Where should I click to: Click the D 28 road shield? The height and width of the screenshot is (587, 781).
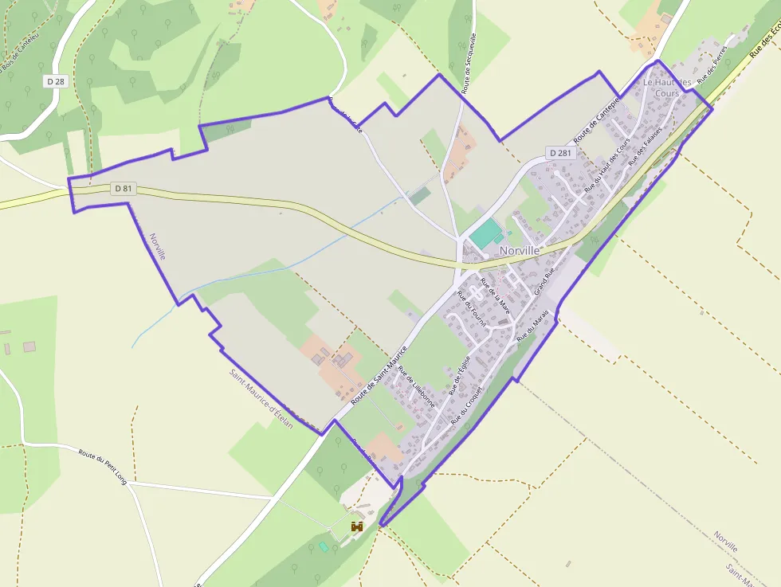coord(55,81)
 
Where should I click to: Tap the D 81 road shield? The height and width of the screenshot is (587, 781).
coord(122,189)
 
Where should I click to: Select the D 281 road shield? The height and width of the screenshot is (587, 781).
coord(560,153)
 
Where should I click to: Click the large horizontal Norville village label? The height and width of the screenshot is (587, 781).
coord(520,250)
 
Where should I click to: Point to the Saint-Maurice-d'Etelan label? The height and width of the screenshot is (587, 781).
coord(261,399)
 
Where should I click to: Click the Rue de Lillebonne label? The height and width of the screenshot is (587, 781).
coord(417,386)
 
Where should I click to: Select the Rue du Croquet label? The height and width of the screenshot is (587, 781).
coord(467,405)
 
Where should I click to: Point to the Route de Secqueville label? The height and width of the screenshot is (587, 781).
coord(470,59)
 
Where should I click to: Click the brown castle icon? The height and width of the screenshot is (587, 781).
coord(357,526)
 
